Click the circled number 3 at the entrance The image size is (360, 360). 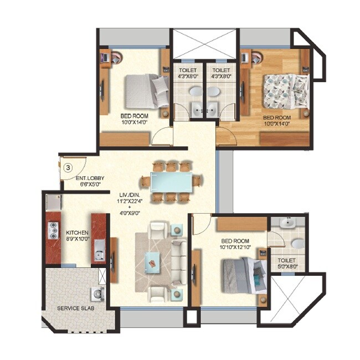(x=68, y=166)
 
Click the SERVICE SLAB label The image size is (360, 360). (x=75, y=308)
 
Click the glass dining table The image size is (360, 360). (x=172, y=182)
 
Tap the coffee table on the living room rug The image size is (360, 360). (x=151, y=260)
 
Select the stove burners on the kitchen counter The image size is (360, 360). (x=54, y=230)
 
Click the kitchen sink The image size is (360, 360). (x=99, y=254)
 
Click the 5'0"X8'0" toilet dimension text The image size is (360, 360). (x=287, y=267)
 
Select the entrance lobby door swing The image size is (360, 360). (x=76, y=165)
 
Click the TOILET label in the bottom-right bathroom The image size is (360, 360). (x=287, y=260)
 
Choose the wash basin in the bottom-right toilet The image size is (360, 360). (x=287, y=224)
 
